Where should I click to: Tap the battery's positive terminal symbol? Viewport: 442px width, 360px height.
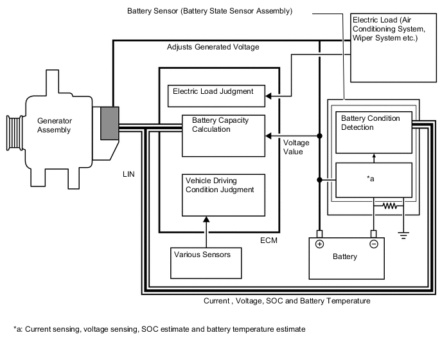click(319, 244)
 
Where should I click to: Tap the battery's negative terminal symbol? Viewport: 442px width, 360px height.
click(373, 244)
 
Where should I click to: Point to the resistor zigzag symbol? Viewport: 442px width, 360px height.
click(389, 207)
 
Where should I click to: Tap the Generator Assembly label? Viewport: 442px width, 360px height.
click(54, 125)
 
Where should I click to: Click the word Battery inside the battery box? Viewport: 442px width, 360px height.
click(345, 257)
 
